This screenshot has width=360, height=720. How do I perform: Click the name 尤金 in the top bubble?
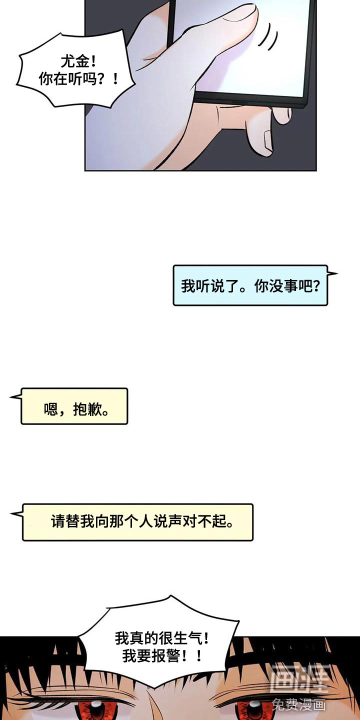(x=75, y=61)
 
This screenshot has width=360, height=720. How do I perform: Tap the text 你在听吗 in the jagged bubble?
(x=67, y=79)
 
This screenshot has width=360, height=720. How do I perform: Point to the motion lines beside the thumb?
(x=267, y=37)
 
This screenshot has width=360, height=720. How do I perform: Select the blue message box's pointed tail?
(x=332, y=274)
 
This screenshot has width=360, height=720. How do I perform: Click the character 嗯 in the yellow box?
(x=51, y=409)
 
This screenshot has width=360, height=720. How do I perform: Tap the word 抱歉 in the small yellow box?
(x=87, y=409)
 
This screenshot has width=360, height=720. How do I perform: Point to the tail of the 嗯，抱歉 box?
(x=16, y=397)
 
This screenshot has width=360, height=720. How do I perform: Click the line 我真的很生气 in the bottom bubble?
(x=158, y=638)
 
